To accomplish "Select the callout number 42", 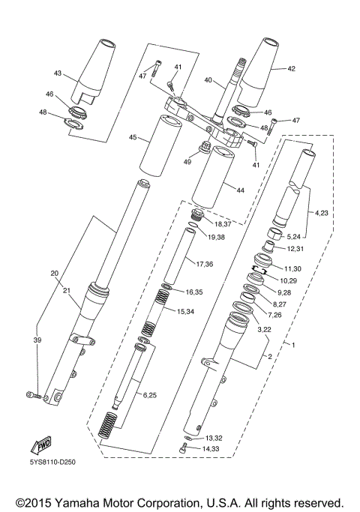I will [x=291, y=69].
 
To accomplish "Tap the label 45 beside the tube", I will [x=133, y=137].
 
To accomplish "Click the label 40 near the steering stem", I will [x=208, y=81].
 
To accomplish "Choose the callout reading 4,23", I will [x=321, y=213].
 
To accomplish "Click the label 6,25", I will [x=149, y=394].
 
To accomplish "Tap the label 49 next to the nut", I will [x=187, y=160].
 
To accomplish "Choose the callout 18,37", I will [x=223, y=223].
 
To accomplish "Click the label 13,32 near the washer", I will [x=213, y=437].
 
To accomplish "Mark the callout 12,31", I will [x=295, y=248].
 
